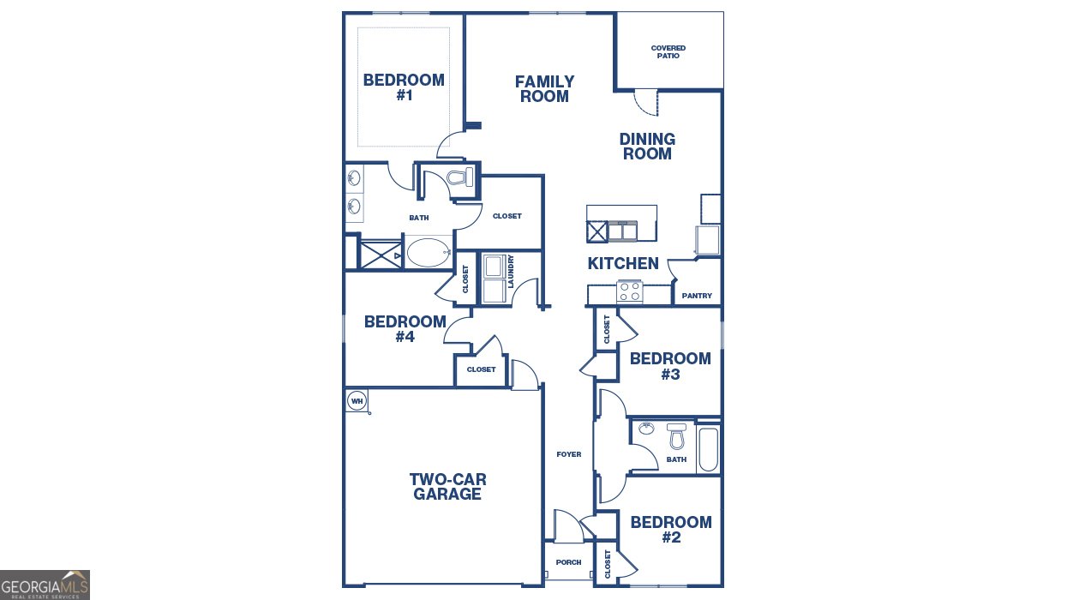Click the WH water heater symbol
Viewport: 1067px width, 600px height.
pos(357,400)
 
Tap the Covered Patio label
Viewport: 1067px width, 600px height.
pos(668,52)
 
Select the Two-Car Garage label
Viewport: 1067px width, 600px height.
pos(447,487)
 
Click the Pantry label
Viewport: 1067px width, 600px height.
pos(697,296)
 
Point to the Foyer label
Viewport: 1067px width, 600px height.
pos(568,454)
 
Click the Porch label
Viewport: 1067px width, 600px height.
pos(568,562)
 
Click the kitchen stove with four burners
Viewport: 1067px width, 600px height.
pos(630,291)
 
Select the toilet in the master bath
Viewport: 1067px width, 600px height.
pos(459,178)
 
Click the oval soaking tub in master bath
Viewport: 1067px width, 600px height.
pos(427,253)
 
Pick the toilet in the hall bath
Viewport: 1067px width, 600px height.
pos(677,437)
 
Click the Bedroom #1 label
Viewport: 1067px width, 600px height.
pos(404,87)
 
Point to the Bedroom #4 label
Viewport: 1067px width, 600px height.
pos(405,329)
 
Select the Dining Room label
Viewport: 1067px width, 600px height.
pos(647,147)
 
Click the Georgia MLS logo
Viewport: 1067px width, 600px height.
pos(45,585)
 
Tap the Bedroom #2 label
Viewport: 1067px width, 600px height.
pos(671,530)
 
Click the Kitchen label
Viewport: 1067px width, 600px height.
pos(623,264)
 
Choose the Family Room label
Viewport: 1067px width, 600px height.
pos(544,89)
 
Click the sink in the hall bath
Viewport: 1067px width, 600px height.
pos(649,429)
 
